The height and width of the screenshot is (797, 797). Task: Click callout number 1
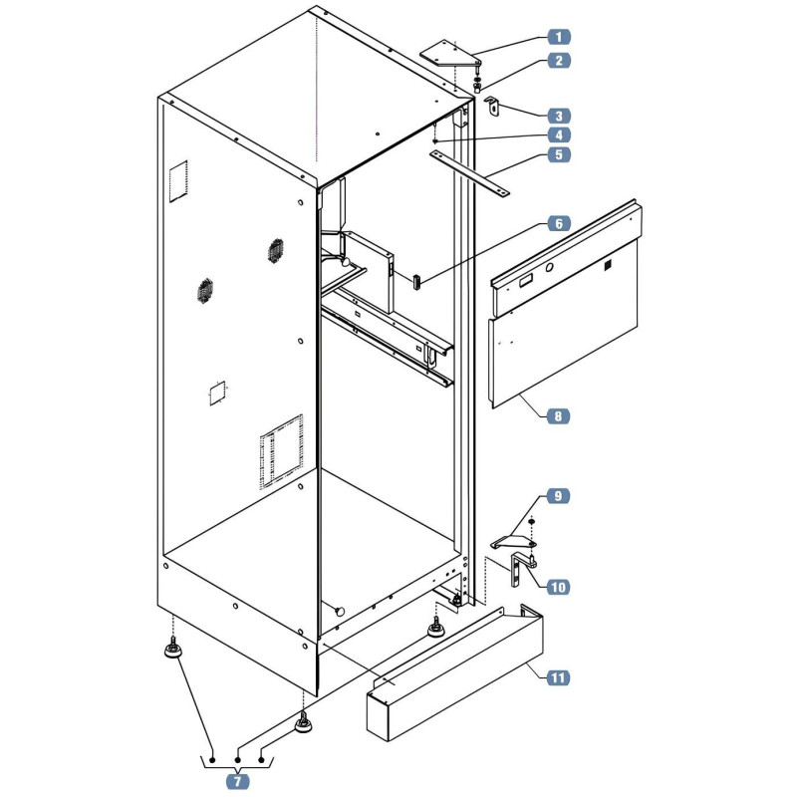(559, 37)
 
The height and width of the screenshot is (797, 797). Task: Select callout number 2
(559, 61)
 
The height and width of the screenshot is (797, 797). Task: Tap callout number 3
(559, 116)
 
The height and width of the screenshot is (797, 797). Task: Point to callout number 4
(559, 135)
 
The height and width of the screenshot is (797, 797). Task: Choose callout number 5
(559, 154)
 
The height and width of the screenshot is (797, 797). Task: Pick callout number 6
(559, 223)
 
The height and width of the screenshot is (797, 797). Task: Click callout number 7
(237, 781)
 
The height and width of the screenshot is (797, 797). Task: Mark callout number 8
(558, 416)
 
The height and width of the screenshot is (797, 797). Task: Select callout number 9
(558, 495)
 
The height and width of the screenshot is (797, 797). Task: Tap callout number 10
(558, 587)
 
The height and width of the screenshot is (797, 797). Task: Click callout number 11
(558, 677)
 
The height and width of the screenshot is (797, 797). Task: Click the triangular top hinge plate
(450, 54)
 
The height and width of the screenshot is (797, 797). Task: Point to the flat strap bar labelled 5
(469, 172)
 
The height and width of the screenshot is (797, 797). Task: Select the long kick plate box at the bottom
(455, 672)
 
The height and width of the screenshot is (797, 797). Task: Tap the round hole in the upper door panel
(550, 267)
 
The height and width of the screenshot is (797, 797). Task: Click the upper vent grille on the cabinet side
(276, 251)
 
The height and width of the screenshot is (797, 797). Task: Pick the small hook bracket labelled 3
(492, 107)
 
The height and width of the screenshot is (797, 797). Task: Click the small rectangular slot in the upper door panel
(526, 279)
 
